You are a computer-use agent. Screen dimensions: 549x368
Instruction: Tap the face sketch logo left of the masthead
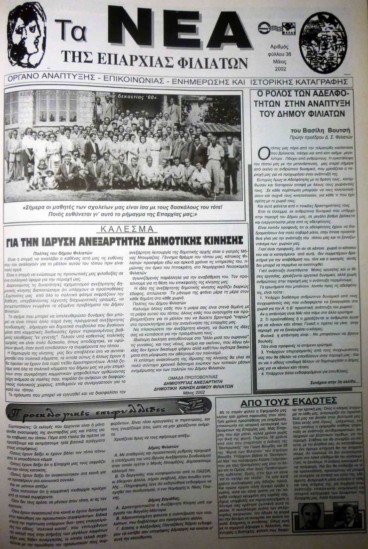click(x=26, y=35)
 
